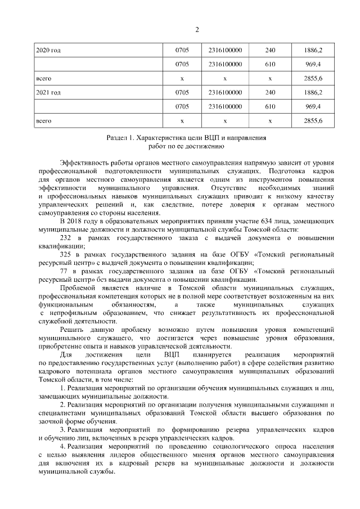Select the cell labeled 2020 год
tap(48, 50)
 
